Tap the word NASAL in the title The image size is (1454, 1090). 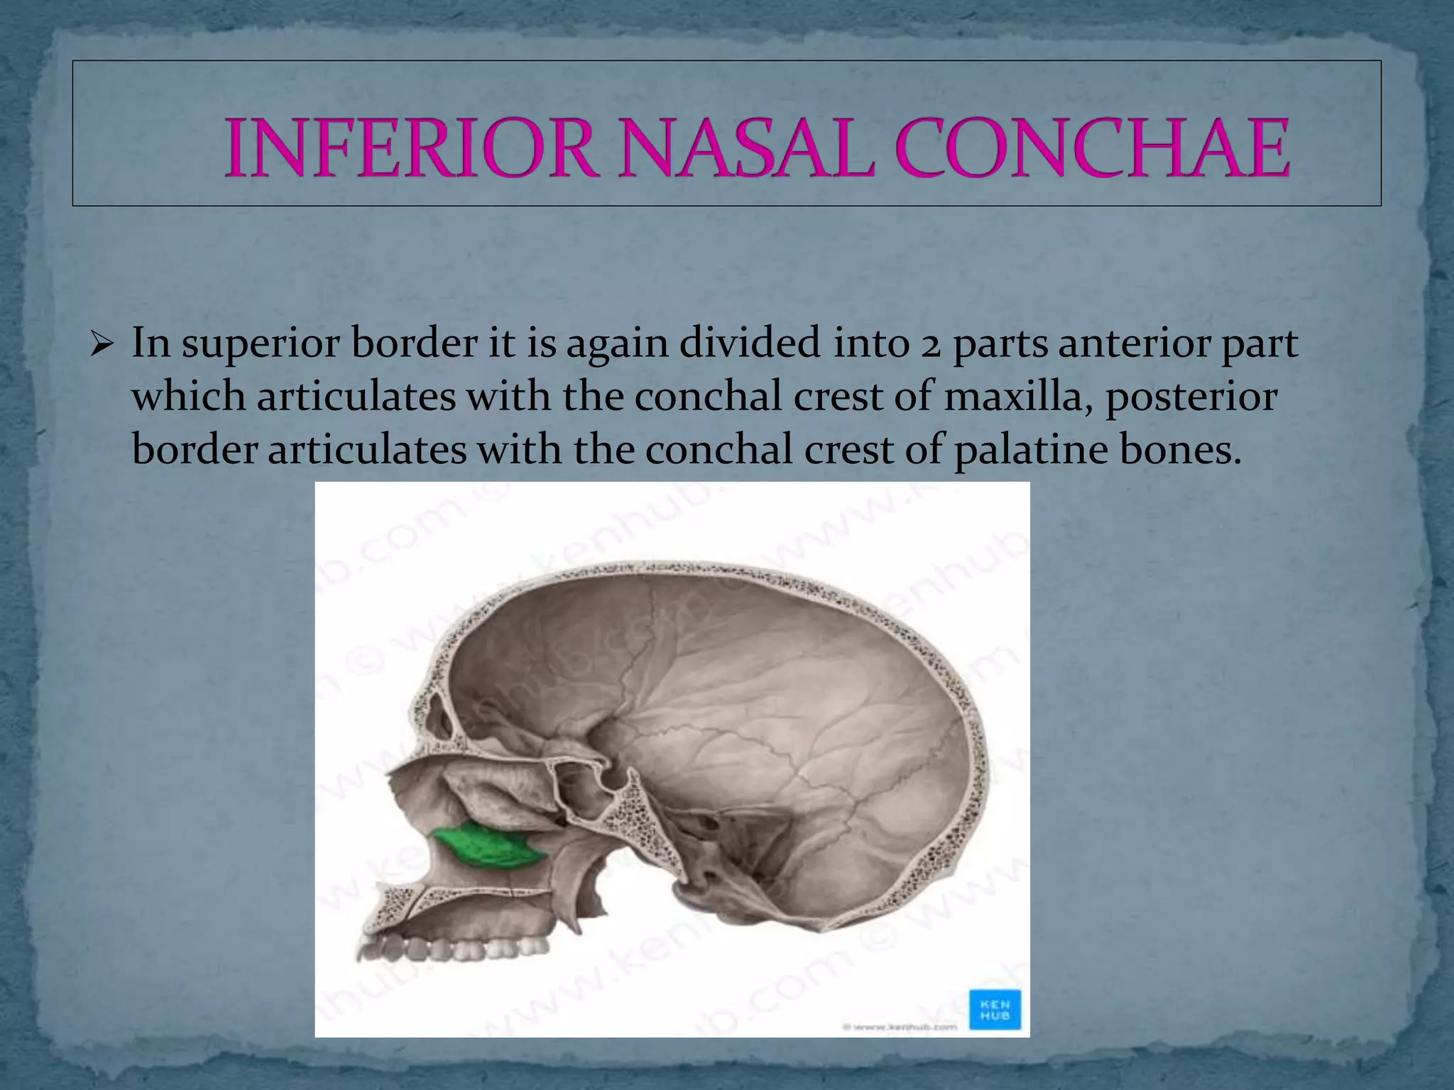(745, 149)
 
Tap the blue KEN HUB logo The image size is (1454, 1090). (995, 1010)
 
